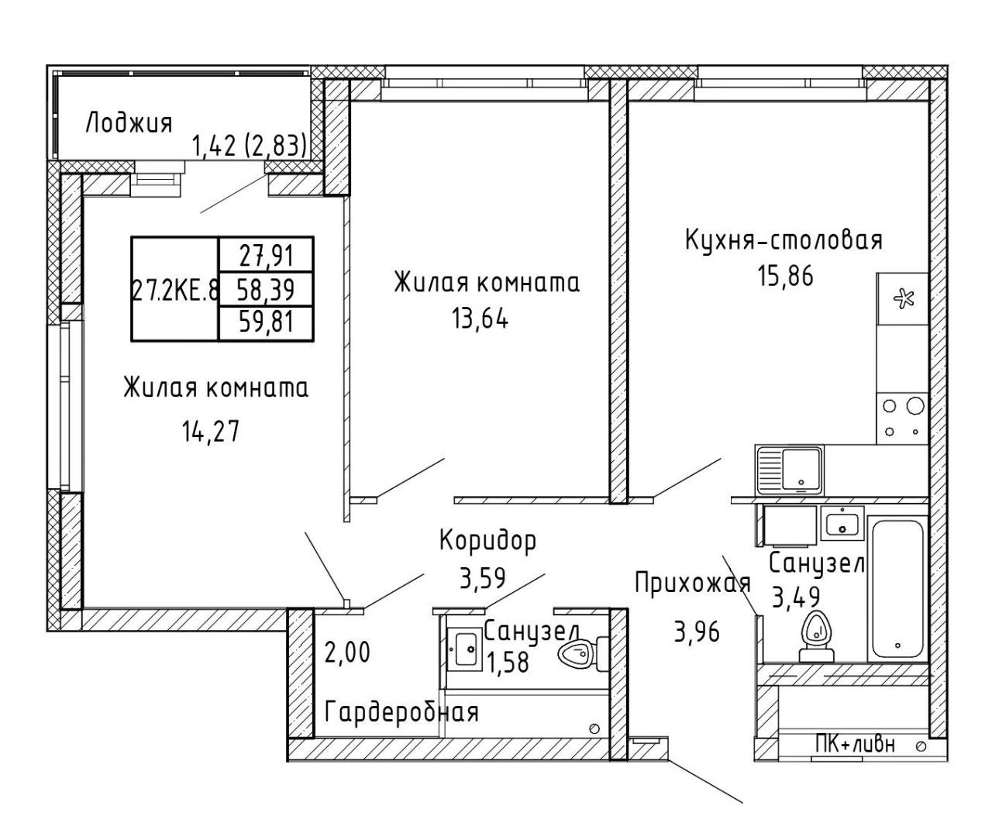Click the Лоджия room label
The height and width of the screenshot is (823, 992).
[129, 123]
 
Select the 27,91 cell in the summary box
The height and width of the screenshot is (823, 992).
[266, 255]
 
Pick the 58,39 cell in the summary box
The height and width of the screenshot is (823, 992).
[266, 289]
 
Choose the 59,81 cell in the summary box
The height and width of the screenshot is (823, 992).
[266, 323]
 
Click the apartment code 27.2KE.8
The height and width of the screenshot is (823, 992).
[175, 290]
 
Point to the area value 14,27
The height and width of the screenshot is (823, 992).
[211, 432]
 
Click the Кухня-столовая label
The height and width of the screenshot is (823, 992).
[784, 239]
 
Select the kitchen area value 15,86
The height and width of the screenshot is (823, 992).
[785, 276]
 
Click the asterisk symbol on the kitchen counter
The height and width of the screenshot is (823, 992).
[903, 299]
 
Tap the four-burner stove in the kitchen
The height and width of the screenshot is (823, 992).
[902, 418]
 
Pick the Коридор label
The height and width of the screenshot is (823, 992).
[488, 541]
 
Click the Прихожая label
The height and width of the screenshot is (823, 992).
[693, 583]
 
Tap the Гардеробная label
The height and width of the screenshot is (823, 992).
[402, 712]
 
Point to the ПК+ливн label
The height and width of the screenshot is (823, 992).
[855, 744]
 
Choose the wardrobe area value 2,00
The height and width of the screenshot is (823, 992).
[347, 653]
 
